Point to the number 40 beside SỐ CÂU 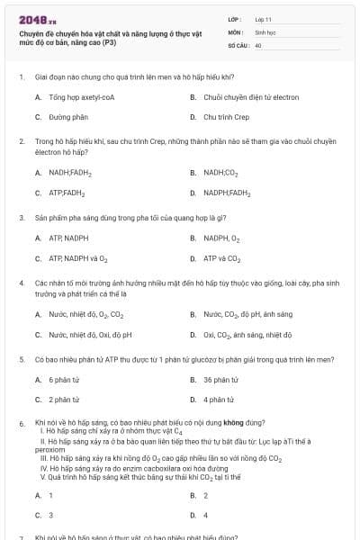pyautogui.click(x=258, y=44)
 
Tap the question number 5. pyautogui.click(x=21, y=360)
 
